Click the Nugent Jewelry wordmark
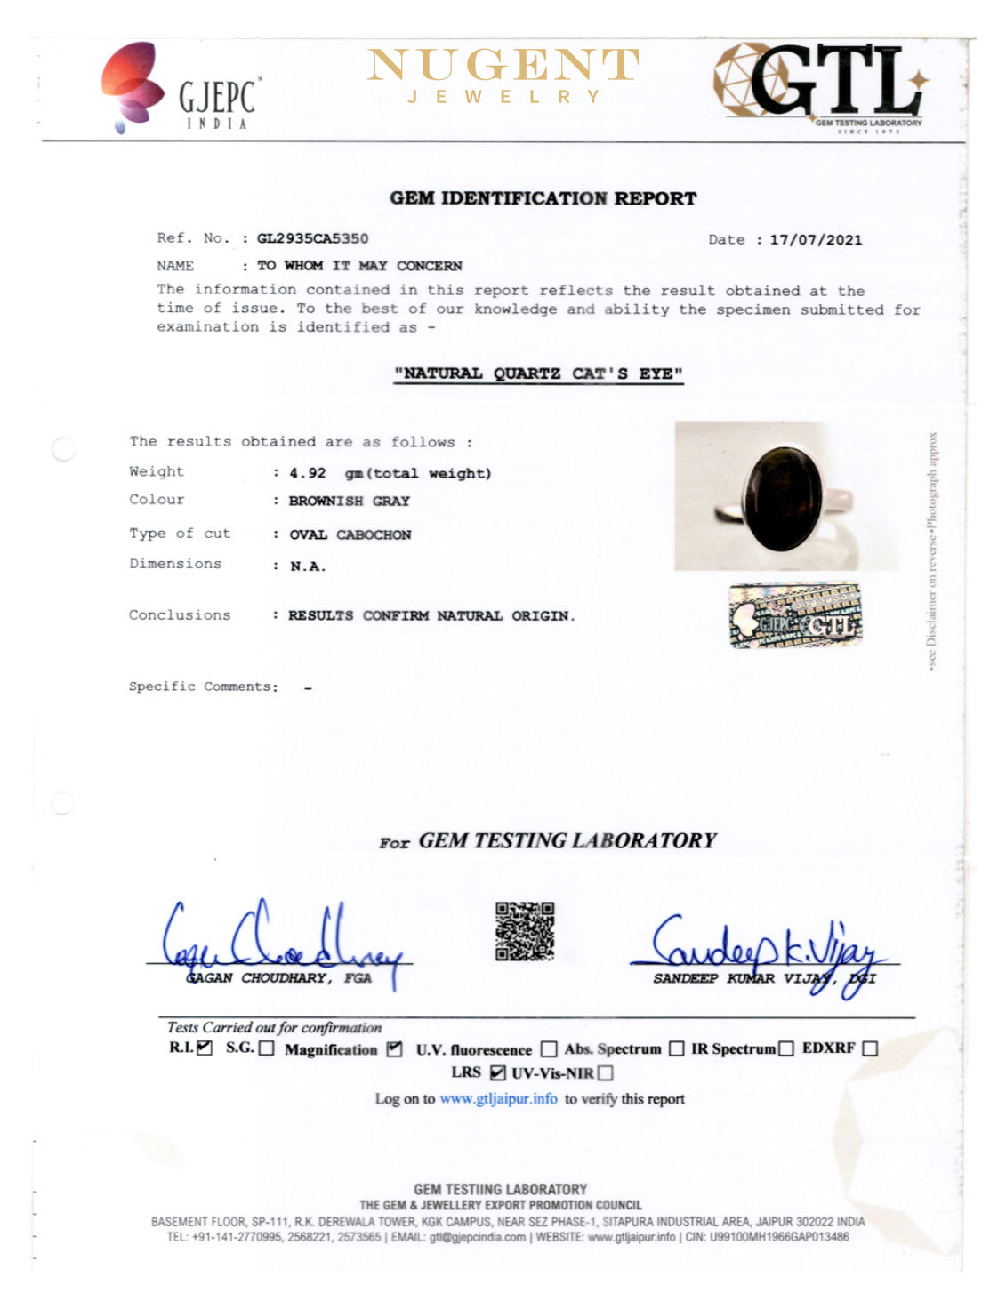click(x=503, y=76)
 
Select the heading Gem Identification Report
click(x=543, y=198)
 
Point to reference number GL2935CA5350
click(x=312, y=238)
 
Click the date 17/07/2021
click(x=816, y=239)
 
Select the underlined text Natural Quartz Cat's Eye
click(x=539, y=373)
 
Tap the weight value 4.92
click(x=308, y=473)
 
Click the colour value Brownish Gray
click(x=349, y=502)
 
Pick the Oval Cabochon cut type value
click(x=350, y=534)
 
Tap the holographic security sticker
click(x=795, y=614)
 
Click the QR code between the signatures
click(x=525, y=930)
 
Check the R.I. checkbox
click(x=205, y=1048)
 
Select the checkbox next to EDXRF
click(x=869, y=1048)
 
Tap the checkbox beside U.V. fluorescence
click(x=549, y=1049)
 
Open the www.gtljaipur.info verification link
click(x=498, y=1099)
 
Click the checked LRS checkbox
click(x=498, y=1073)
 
